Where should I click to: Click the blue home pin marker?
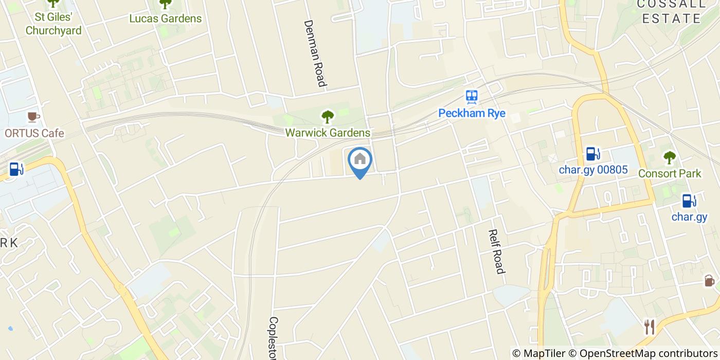[360, 160]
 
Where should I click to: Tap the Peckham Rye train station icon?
[472, 96]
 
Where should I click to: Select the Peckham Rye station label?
[472, 113]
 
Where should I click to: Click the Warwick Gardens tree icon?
[328, 117]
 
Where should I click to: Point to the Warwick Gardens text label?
[328, 133]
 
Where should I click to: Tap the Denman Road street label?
[315, 53]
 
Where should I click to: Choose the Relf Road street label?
[496, 251]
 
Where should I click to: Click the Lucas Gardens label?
[165, 19]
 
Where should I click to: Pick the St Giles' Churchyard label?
[53, 24]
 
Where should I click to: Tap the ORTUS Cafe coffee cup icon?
[33, 117]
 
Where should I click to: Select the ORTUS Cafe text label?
[34, 133]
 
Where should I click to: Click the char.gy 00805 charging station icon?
[593, 153]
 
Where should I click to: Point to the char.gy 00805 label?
[593, 169]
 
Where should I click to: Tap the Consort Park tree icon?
[669, 157]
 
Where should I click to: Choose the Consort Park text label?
[669, 173]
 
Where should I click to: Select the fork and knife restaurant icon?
[650, 327]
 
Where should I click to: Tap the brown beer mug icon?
[709, 281]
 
